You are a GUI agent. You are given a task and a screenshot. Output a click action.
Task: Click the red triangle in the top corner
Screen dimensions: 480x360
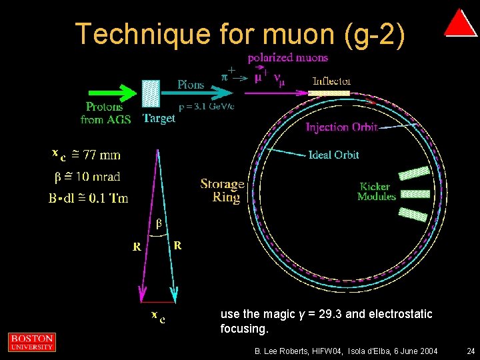coord(460,24)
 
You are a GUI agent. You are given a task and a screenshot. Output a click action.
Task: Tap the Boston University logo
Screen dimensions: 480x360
coord(31,342)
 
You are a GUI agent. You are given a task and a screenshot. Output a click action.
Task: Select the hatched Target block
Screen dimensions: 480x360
coord(151,94)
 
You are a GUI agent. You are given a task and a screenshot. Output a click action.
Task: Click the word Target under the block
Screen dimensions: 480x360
coord(159,119)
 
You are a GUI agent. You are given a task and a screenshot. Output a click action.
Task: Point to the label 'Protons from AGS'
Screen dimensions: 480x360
coord(104,113)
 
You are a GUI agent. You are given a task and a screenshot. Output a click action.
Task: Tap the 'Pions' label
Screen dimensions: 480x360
coord(191,85)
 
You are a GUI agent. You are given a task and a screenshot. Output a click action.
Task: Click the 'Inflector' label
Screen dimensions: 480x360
coord(332,81)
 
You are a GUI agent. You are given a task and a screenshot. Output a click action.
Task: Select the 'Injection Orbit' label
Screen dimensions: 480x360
coord(341,127)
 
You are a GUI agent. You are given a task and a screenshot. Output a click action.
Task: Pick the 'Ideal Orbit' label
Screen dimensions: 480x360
coord(333,155)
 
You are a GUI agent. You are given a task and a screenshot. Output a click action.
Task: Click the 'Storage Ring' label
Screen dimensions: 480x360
coord(222,190)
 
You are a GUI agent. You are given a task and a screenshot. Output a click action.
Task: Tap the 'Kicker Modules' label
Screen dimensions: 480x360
coord(377,191)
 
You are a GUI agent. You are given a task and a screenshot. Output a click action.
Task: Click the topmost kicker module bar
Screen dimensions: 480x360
coord(413,173)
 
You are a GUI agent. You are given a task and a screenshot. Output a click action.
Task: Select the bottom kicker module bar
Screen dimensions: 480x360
coord(413,214)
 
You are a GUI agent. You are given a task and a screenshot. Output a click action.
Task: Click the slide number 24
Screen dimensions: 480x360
coord(471,351)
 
